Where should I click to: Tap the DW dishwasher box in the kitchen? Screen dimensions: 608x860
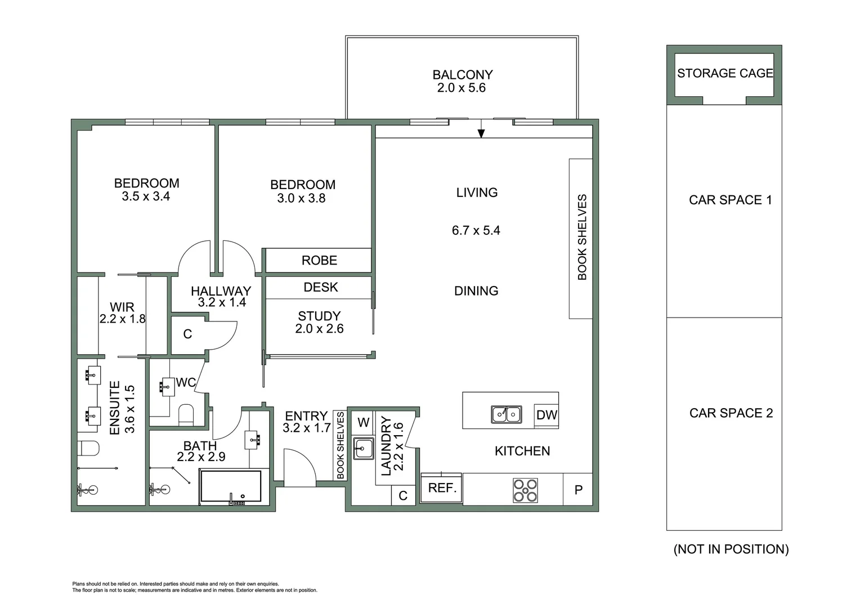coord(546,415)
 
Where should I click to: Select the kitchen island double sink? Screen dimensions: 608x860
coord(506,414)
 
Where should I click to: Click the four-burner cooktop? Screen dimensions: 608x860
coord(525,490)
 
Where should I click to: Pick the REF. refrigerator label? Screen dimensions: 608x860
coord(442,488)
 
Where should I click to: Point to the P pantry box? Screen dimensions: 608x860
coord(578,490)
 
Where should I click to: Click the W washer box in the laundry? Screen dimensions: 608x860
coord(364,422)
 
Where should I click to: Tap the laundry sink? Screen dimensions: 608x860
coord(364,449)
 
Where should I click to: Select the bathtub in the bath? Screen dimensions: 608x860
coord(231,486)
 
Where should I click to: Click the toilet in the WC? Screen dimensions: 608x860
coord(186,415)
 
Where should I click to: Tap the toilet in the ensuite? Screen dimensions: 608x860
coord(89,449)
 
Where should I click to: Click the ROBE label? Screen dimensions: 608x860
coord(319,261)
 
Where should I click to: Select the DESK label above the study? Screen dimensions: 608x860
coord(320,287)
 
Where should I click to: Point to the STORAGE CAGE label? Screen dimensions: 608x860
coord(725,73)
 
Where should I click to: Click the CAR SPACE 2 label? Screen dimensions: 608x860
coord(731,413)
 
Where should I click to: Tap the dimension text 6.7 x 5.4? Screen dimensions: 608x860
coord(476,230)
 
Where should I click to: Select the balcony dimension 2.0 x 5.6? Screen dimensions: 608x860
coord(461,88)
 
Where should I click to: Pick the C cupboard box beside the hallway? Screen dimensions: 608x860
coord(187,334)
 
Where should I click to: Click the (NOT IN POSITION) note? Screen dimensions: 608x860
coord(731,549)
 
